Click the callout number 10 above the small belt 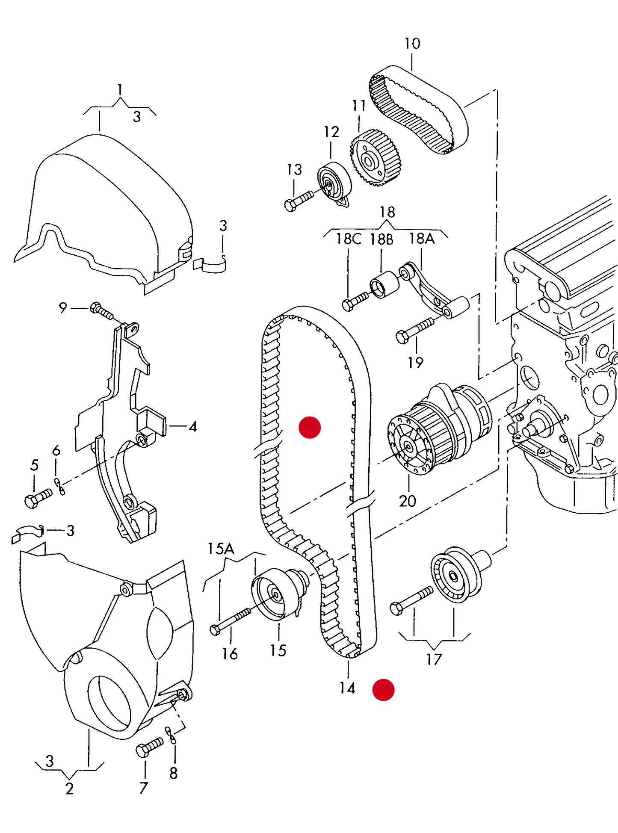(x=412, y=43)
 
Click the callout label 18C (x=348, y=239)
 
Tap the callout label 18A (x=422, y=238)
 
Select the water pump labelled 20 (x=440, y=428)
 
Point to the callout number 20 (x=407, y=500)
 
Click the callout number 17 (x=434, y=659)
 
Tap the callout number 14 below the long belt (x=347, y=688)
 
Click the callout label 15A (x=221, y=549)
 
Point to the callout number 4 (x=193, y=426)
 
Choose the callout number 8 (x=173, y=773)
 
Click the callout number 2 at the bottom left (x=69, y=789)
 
